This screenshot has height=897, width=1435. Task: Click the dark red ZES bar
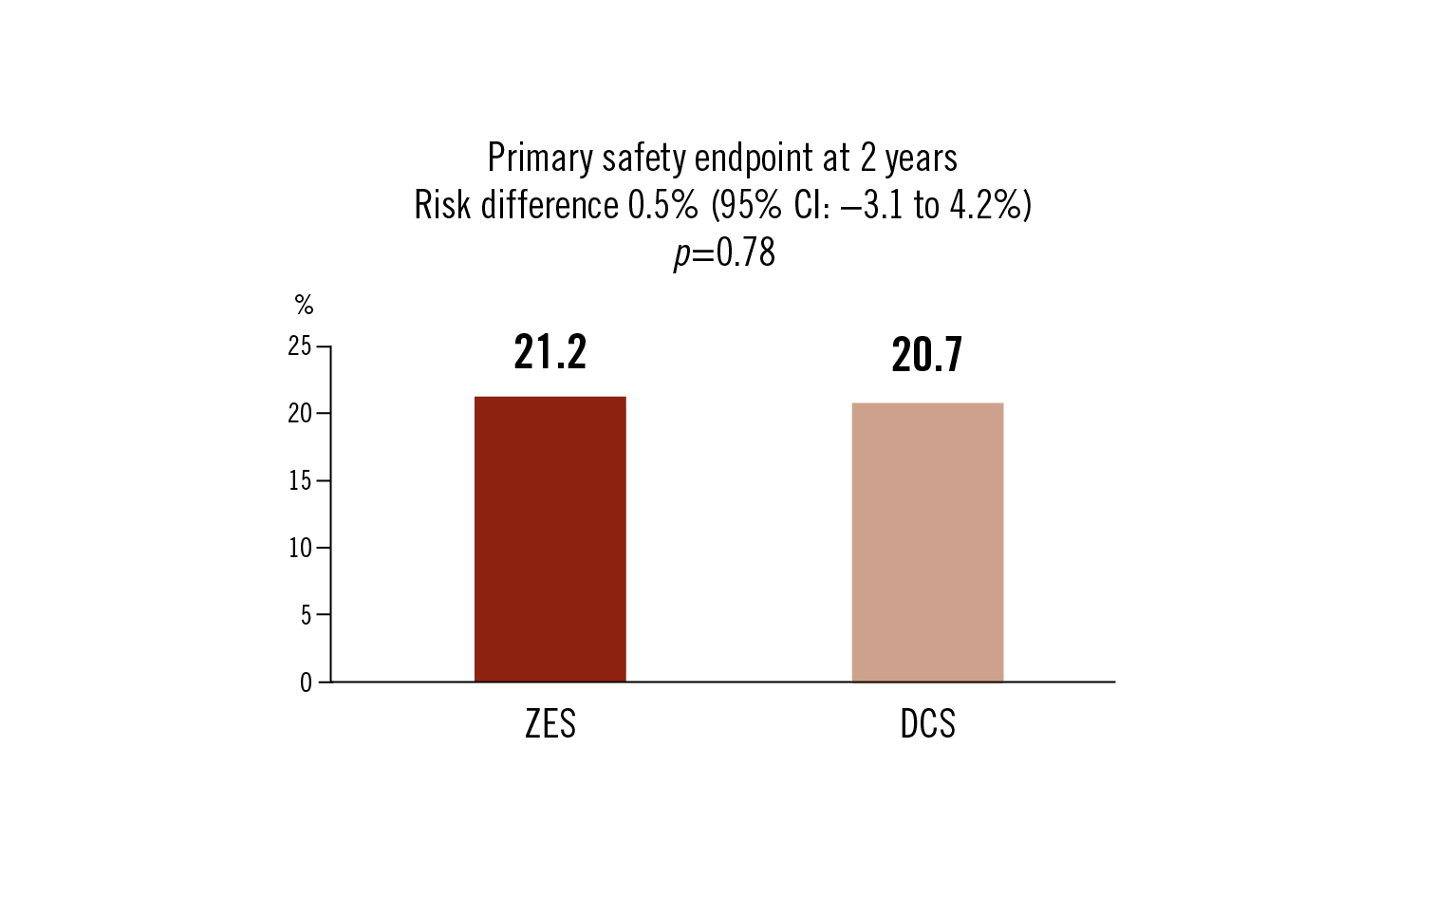click(x=550, y=538)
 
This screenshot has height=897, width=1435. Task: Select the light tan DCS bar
click(x=927, y=542)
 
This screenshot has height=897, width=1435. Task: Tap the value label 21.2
click(x=550, y=352)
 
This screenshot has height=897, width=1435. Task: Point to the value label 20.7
click(x=927, y=355)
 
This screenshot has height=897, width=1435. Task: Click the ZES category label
click(x=550, y=724)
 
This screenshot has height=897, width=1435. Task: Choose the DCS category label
click(x=927, y=724)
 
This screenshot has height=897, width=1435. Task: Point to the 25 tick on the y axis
click(x=300, y=346)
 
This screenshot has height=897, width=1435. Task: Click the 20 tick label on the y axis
click(x=300, y=414)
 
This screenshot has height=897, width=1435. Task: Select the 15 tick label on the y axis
click(x=300, y=481)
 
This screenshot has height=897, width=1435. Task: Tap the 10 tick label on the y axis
click(x=300, y=548)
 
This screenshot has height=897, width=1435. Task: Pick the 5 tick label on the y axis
click(x=306, y=615)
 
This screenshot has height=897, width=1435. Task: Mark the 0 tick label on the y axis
click(x=306, y=682)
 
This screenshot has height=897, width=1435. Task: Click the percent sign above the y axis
click(x=304, y=305)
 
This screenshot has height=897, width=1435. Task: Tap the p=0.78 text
click(x=724, y=252)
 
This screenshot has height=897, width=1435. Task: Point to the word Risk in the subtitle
click(x=443, y=205)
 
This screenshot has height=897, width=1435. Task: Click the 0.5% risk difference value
click(x=662, y=205)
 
